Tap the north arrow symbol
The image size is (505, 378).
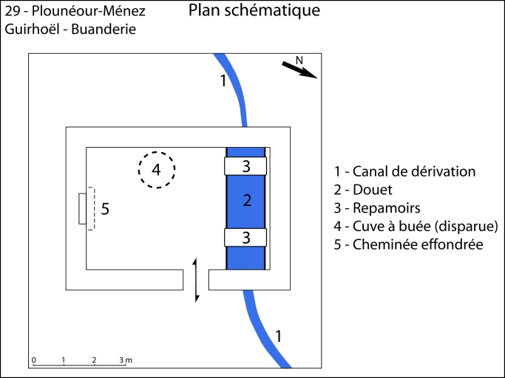point(299,69)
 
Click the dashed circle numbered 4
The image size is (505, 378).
point(156,171)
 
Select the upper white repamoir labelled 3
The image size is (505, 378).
point(246,166)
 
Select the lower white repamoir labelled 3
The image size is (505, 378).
point(246,237)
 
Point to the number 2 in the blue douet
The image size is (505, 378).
point(247,200)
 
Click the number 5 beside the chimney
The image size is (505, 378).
point(105,209)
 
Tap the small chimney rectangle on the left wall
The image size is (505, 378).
point(83,209)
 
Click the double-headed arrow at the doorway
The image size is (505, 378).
point(196,280)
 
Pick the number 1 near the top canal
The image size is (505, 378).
point(223,80)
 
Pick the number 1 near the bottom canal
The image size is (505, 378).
point(278,336)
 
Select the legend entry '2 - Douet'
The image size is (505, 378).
point(363,190)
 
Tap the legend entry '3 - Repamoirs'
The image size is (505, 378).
point(376,207)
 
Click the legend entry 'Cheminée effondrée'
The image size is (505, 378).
point(408,244)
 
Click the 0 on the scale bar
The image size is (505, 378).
point(33,360)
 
